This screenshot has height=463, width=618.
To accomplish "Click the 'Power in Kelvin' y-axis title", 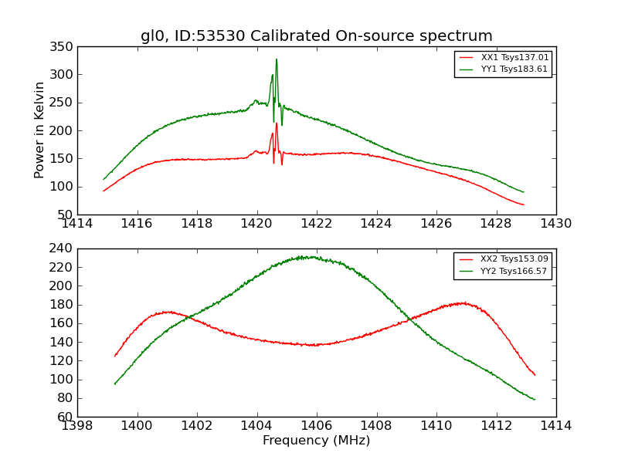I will tap(40, 130).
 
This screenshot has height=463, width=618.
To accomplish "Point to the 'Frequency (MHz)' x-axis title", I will tap(317, 441).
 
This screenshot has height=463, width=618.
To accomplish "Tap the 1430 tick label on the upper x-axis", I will tap(555, 223).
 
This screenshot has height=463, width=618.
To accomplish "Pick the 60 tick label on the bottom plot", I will tap(66, 417).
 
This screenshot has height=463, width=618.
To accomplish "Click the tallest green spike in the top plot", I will tap(277, 59).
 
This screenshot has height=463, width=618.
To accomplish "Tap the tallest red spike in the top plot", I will tap(277, 123).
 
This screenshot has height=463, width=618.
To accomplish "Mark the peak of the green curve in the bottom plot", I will tap(309, 257).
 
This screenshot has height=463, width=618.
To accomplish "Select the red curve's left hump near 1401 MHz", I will tap(167, 312).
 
